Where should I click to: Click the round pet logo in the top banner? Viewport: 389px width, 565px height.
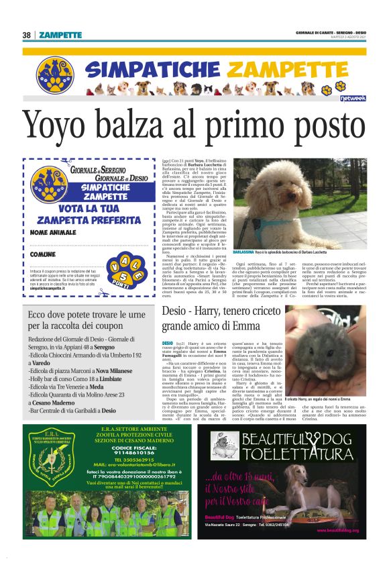(55, 72)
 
